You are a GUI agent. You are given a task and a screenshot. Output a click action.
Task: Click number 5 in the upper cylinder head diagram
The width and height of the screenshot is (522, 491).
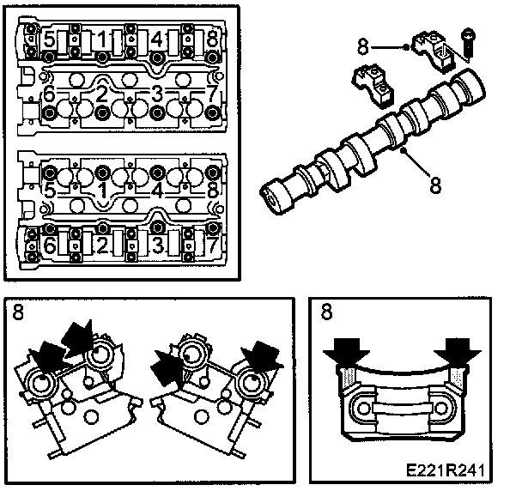50,39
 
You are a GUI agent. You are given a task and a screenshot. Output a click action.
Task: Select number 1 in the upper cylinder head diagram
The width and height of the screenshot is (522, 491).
101,39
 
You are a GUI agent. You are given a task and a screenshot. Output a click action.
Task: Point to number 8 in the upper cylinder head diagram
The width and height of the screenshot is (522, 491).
210,39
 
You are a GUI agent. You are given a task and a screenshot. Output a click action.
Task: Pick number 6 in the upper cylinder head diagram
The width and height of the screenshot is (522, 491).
49,94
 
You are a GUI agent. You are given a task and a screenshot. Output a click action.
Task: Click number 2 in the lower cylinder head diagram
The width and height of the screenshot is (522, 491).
101,246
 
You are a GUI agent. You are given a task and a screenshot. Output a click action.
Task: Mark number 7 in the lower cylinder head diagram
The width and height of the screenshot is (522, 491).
210,246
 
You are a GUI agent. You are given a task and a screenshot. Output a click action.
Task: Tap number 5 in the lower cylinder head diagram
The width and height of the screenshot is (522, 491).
50,191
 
